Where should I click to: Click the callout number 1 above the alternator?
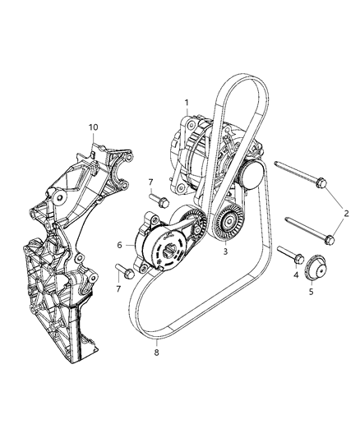coord(187,102)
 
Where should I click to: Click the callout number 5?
coord(312,290)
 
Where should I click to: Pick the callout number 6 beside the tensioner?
coord(120,245)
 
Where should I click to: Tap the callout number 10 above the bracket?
coord(93,127)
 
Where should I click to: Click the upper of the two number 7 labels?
coord(150,182)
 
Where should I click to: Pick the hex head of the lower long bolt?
coord(329,240)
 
